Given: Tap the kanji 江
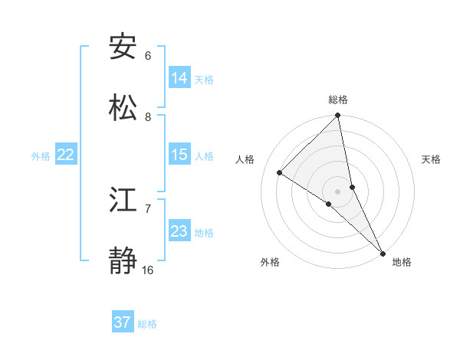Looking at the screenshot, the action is [x=123, y=200].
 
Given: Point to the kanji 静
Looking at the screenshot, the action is [x=123, y=261].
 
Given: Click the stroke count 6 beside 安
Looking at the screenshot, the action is [x=148, y=56].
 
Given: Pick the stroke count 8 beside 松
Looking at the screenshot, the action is [x=148, y=116].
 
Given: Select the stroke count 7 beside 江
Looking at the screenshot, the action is [x=148, y=208].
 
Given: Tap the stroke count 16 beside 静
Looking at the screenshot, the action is [x=148, y=270].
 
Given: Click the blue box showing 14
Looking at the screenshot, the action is [x=179, y=77].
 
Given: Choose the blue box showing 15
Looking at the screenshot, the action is [x=179, y=155].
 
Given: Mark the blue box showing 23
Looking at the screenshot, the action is [x=179, y=231].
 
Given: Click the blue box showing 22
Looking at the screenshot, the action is [x=66, y=155].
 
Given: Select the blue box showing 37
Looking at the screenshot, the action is [x=123, y=322].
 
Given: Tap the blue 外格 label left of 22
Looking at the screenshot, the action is [x=41, y=156].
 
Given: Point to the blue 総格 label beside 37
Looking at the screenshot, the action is [x=147, y=324].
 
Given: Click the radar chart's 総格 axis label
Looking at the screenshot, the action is [x=338, y=100].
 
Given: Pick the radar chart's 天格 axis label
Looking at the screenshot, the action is [x=431, y=159].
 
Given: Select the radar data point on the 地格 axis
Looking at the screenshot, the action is [x=383, y=252].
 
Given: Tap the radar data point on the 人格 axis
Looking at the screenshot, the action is [x=280, y=172].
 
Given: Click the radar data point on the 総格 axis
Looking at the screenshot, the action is [x=338, y=116].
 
